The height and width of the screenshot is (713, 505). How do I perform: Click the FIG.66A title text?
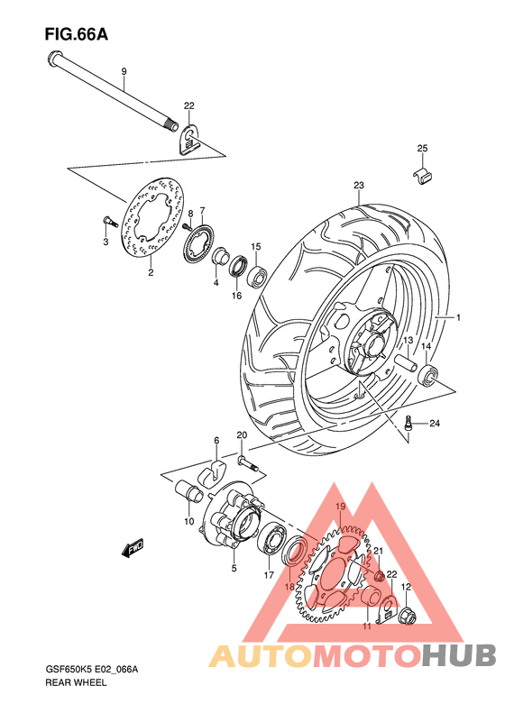76,35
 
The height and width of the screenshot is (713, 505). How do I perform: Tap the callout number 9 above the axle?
124,71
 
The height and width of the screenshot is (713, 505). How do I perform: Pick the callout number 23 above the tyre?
358,187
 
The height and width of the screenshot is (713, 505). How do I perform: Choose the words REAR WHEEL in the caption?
76,684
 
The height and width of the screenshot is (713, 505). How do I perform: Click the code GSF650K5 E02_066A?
97,669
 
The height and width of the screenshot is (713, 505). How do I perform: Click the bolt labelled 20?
248,463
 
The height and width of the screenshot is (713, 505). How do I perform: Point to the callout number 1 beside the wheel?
457,317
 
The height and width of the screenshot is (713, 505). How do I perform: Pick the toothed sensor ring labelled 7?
197,241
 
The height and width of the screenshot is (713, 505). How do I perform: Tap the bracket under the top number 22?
190,140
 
